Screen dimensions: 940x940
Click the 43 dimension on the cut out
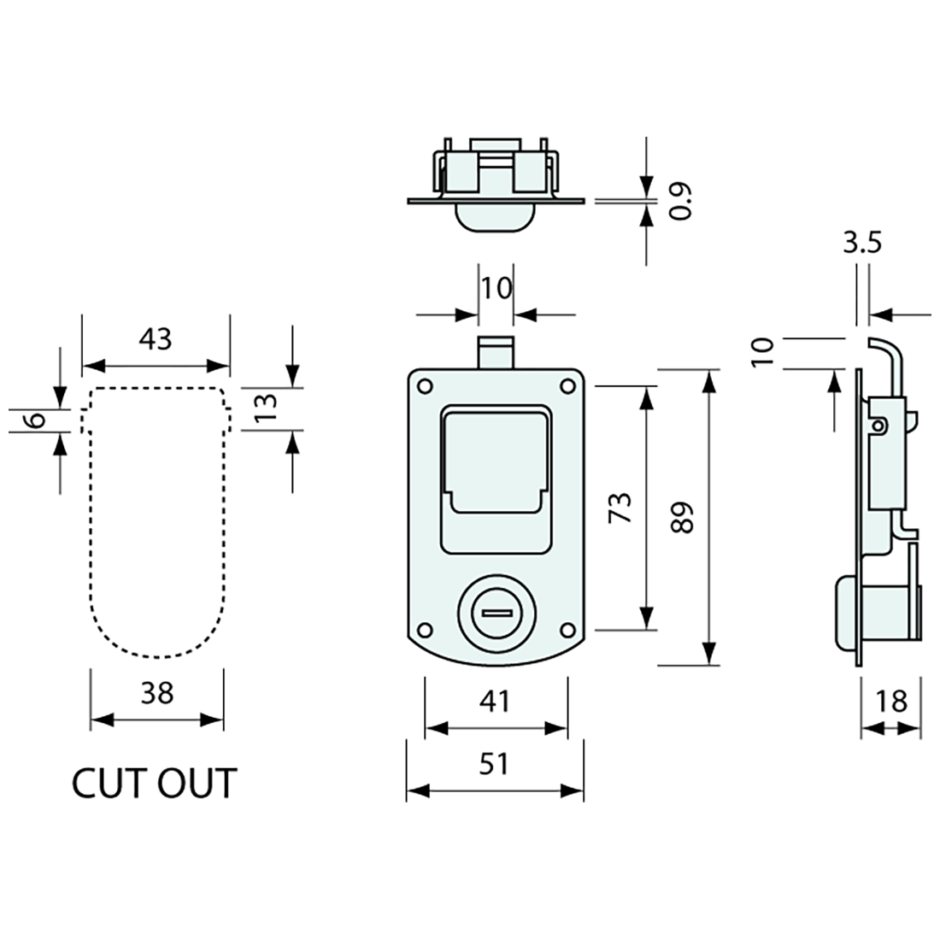[x=156, y=339]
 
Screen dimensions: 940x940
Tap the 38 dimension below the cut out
[x=156, y=692]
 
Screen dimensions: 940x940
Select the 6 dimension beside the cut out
[x=35, y=420]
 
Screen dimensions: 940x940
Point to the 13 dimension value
[x=265, y=408]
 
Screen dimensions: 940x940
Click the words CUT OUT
[x=154, y=784]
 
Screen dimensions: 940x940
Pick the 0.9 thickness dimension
[x=680, y=201]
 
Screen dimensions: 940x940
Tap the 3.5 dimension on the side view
[x=861, y=244]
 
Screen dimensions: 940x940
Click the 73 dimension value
[x=623, y=508]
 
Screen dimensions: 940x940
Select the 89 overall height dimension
[x=683, y=517]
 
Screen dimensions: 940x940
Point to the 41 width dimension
[x=495, y=702]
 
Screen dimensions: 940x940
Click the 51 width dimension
[x=494, y=763]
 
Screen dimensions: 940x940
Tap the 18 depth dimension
[x=891, y=702]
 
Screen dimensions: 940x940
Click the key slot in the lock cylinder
[x=495, y=613]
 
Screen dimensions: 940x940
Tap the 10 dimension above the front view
[x=495, y=288]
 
